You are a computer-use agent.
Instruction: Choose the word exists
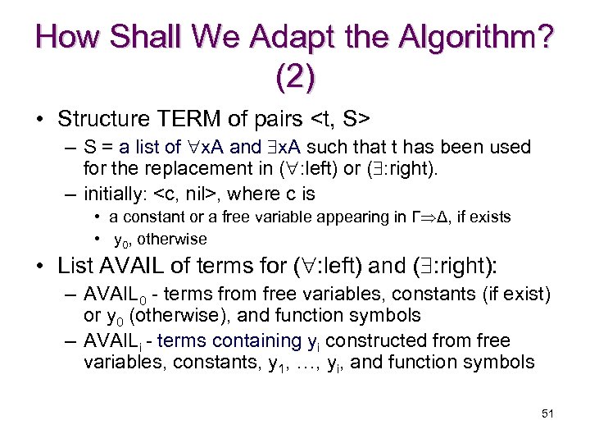(489, 217)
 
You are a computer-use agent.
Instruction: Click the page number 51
(547, 413)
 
